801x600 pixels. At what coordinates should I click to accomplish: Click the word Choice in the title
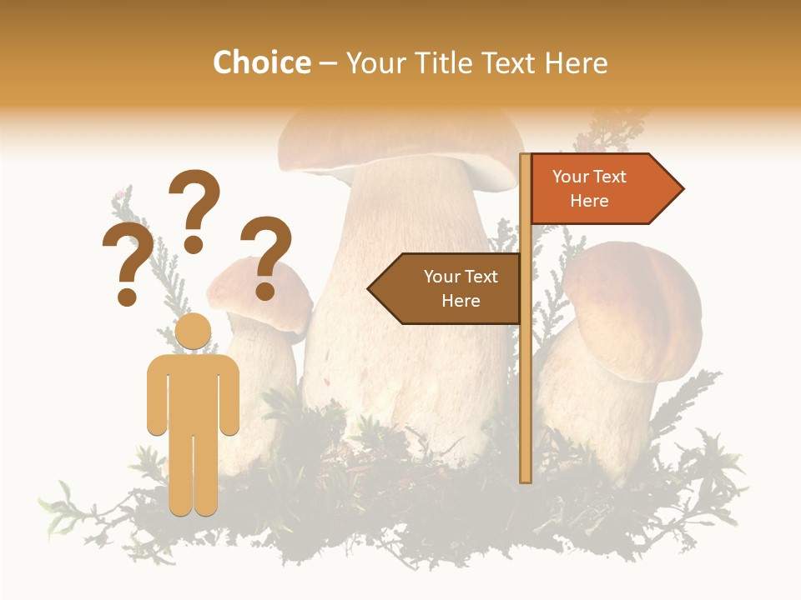(261, 62)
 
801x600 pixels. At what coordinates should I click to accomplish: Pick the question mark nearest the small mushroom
(266, 257)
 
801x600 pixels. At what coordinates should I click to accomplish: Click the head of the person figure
(193, 332)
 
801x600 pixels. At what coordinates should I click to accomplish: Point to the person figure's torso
(193, 392)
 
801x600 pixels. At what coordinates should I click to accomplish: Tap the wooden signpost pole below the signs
(526, 400)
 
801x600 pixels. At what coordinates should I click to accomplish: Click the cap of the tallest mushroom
(400, 137)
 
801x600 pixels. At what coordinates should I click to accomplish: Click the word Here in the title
(576, 62)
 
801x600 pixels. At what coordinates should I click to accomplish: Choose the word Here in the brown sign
(461, 301)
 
